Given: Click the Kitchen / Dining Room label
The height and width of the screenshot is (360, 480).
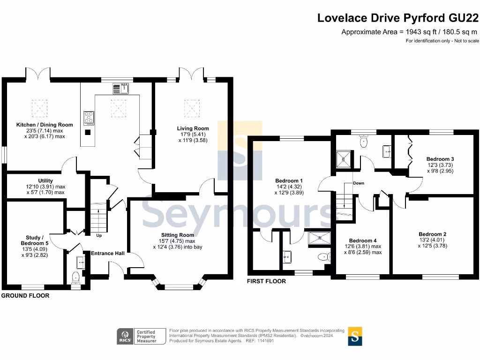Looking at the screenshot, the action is coord(45,125).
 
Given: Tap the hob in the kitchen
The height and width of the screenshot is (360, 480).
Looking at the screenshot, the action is coord(89,118).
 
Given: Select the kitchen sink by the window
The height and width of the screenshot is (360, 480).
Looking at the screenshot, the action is coord(120,89).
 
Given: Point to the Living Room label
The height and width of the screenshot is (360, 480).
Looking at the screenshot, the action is coord(193,128).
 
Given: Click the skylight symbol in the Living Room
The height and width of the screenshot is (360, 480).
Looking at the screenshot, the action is coord(192,108).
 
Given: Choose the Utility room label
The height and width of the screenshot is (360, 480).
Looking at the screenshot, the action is coord(45,180).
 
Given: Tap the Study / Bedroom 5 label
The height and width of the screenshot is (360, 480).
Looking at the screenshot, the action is coord(35,240).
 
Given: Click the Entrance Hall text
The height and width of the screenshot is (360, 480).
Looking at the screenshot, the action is coord(108,253).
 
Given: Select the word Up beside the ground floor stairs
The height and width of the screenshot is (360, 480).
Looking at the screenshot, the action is coord(99,235).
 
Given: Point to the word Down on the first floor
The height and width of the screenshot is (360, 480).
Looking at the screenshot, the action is coord(359,183).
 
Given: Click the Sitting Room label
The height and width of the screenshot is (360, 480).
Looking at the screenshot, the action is coord(178,235).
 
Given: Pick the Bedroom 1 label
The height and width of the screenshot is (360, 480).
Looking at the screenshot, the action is coord(289,180).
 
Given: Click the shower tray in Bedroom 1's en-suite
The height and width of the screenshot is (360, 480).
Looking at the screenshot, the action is coord(320,238).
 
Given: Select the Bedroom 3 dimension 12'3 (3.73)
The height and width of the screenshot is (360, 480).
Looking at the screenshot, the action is coord(440,165).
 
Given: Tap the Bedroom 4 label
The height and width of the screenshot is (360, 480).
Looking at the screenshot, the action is coord(363,240).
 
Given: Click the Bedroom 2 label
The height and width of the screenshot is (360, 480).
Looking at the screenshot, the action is coord(433,234).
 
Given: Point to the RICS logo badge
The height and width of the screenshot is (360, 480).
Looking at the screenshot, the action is coord(125,336).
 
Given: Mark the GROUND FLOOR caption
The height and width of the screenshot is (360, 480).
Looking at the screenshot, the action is coord(25,295).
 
